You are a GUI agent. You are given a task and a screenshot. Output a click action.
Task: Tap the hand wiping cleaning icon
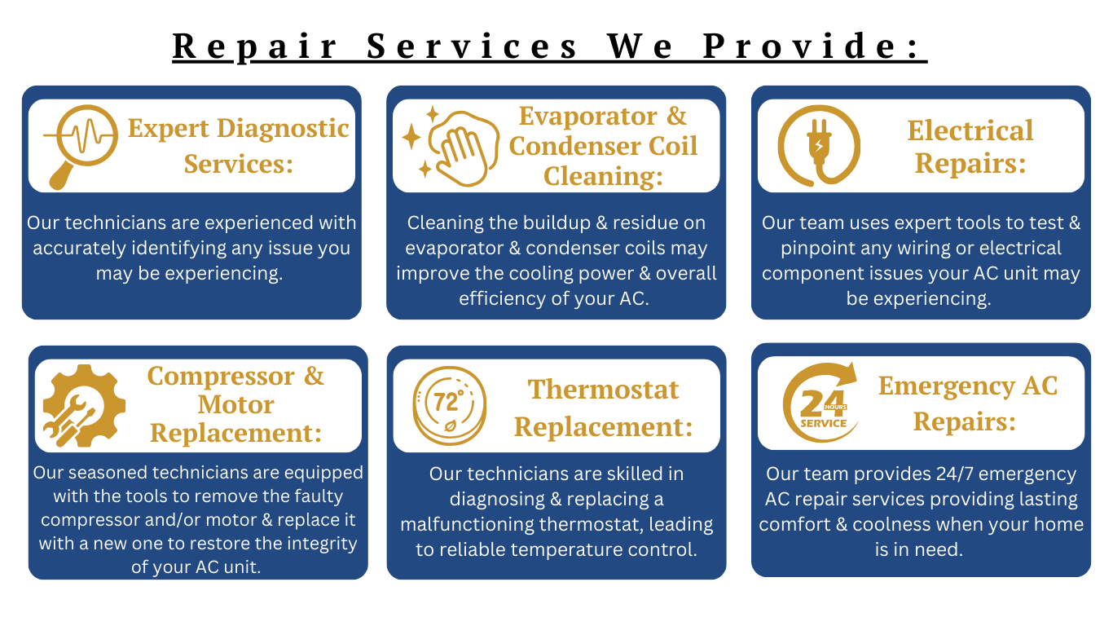pos(451,147)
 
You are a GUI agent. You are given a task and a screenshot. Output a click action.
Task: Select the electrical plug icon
pos(819,146)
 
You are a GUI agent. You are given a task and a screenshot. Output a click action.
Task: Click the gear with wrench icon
pos(84,406)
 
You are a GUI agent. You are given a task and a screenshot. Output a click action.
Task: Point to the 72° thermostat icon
pos(449,406)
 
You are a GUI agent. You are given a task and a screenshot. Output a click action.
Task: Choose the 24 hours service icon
pos(820,403)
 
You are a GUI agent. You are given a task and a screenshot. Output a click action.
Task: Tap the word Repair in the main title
pos(255,47)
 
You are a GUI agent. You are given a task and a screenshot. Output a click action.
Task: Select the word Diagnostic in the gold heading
pos(284,129)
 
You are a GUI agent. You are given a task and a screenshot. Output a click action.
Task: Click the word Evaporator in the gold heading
pos(587,117)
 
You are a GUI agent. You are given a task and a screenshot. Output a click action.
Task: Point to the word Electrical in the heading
pos(970,130)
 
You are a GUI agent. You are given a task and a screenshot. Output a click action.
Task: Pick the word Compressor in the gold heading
pos(221,377)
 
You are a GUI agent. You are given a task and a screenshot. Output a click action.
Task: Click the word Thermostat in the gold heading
pos(603,390)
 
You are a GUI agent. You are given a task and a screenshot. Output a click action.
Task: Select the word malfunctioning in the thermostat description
pos(468,524)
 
